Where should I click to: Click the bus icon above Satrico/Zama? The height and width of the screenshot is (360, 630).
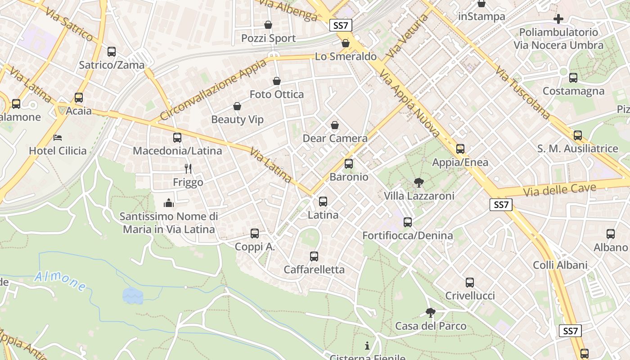tap(112, 52)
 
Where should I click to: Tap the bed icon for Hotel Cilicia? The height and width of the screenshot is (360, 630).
tap(58, 137)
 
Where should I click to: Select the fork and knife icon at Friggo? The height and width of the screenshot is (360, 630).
tap(188, 169)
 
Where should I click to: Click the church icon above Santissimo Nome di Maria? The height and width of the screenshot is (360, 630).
tap(169, 203)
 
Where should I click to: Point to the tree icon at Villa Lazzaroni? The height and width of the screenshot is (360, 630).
tap(418, 182)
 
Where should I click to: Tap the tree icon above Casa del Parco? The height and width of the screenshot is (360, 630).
tap(431, 312)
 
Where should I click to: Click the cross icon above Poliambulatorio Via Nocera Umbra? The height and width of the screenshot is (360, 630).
tap(558, 19)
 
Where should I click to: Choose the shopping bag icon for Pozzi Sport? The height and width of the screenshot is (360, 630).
tap(268, 25)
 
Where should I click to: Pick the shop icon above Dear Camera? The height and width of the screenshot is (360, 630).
tap(335, 125)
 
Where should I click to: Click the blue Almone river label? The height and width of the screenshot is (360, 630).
tap(60, 281)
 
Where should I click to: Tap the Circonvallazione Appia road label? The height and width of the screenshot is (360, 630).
tap(213, 90)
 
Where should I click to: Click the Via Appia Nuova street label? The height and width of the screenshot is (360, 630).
tap(409, 103)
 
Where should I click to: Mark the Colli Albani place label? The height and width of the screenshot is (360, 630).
tap(560, 265)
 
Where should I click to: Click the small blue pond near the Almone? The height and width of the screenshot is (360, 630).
tap(133, 296)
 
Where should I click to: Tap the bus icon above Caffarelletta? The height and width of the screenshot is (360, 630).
tap(314, 256)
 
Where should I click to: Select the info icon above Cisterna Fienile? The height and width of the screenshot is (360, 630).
tap(367, 346)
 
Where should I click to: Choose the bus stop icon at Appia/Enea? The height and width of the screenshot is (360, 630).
tap(460, 149)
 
